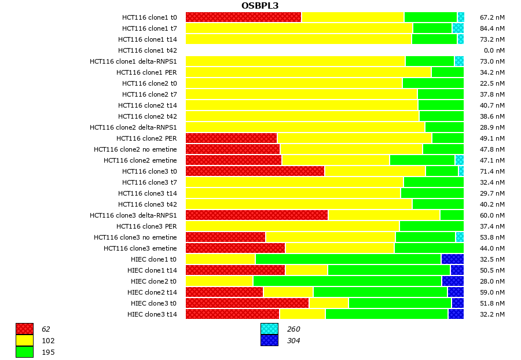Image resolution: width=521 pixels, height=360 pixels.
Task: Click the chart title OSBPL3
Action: tap(260, 6)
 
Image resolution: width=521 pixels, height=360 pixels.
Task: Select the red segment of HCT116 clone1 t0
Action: tap(243, 17)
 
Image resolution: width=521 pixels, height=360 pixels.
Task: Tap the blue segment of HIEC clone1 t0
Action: tap(452, 259)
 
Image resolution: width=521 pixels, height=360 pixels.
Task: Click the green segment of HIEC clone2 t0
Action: tap(347, 281)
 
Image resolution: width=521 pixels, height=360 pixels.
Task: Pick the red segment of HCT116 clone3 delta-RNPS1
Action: tap(256, 215)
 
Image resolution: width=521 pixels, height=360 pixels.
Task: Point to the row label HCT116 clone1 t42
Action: tap(148, 50)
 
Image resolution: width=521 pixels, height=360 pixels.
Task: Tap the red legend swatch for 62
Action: tap(24, 329)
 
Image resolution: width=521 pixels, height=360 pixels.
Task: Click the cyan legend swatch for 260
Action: tap(269, 329)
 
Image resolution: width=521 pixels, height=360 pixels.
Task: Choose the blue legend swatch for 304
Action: tap(269, 341)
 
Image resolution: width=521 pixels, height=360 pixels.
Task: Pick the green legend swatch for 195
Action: tap(24, 352)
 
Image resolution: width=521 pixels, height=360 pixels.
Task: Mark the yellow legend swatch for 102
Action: tap(24, 341)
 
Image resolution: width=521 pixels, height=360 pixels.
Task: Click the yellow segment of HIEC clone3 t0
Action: tap(329, 303)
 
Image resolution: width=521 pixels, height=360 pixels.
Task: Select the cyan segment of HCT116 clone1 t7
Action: tap(458, 28)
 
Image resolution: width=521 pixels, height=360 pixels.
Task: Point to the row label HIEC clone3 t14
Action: tap(152, 314)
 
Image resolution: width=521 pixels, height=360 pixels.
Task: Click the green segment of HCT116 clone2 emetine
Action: tap(422, 160)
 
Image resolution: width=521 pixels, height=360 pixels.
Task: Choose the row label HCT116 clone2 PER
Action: tap(146, 138)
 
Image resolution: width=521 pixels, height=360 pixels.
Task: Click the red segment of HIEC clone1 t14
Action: tap(235, 270)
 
